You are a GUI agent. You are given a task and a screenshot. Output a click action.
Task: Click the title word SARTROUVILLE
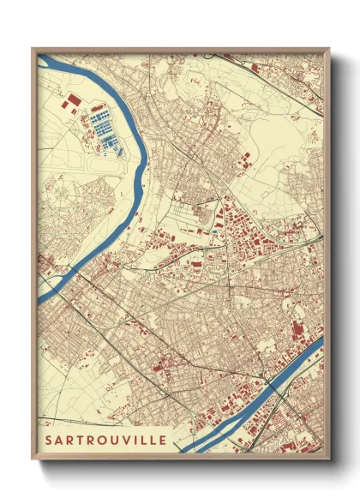click(x=106, y=441)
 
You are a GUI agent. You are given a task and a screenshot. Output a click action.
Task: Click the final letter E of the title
click(x=164, y=441)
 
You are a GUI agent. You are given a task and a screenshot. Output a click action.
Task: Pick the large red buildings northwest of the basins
click(x=70, y=104)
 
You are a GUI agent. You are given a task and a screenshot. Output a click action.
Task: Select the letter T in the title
click(x=77, y=441)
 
